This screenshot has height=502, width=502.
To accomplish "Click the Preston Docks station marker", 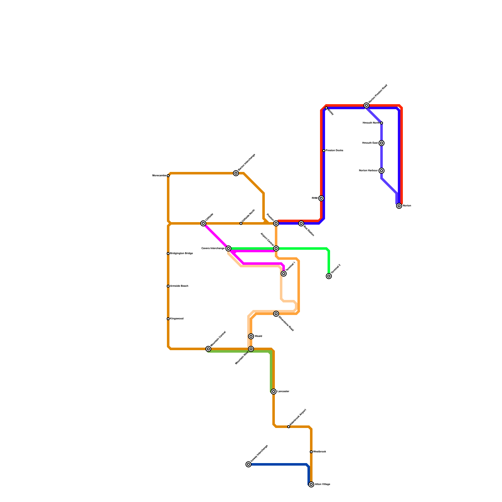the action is [324, 151].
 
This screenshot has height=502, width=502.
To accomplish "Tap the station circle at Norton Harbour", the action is [382, 171].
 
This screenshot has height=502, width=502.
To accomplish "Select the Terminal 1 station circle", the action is [284, 274].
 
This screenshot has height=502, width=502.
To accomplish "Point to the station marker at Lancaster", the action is [274, 392].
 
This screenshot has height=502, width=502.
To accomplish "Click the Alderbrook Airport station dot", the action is [289, 427].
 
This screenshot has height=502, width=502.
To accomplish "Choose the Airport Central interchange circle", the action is [276, 248].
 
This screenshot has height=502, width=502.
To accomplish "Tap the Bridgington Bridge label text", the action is [181, 254].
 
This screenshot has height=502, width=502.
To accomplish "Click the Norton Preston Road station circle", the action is [366, 105].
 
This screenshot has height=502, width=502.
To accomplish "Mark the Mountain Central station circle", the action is [208, 349].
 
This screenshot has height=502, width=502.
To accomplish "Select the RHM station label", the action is [314, 198].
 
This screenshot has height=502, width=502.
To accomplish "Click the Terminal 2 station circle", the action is [329, 276].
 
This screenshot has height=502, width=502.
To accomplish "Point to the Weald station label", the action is [258, 336].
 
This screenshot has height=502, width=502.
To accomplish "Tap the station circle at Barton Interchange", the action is [236, 173].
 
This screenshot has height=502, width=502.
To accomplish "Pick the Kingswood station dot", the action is [168, 319].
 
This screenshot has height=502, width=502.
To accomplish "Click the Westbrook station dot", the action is [311, 452].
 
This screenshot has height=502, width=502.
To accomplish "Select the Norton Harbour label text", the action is [368, 171].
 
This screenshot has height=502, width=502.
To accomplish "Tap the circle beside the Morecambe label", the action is [168, 176].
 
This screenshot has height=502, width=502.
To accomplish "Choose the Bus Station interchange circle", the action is [301, 223].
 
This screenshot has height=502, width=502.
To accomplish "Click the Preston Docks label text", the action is [334, 151].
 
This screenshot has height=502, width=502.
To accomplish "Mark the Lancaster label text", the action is [283, 392].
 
